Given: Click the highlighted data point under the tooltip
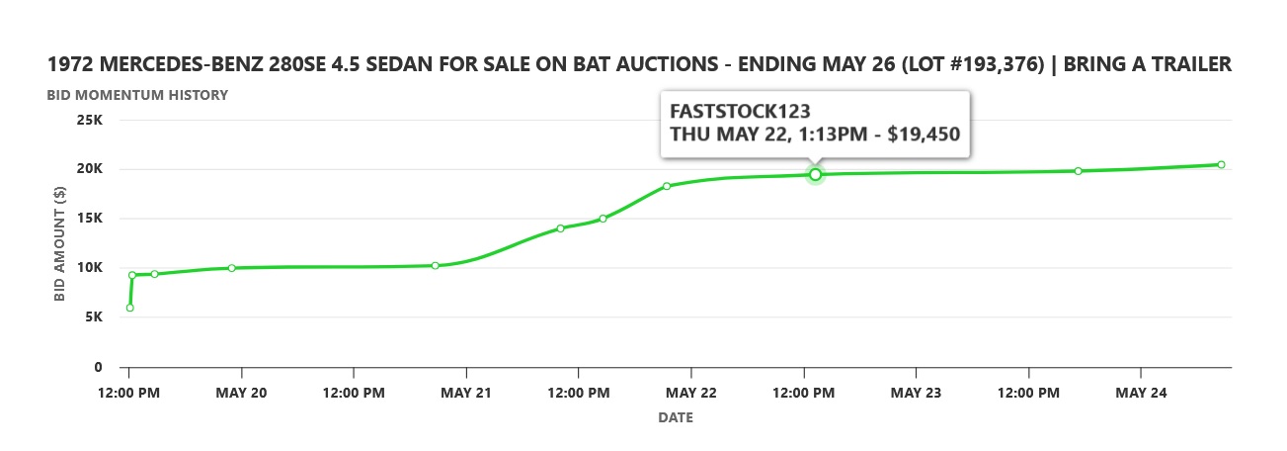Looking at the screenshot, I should pos(816,175).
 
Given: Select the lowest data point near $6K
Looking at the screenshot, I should pos(129,308).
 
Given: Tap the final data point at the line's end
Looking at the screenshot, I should pos(1221,164).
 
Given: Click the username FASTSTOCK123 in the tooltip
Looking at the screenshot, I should pos(732,109).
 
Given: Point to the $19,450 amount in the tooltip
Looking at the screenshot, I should pos(924,134).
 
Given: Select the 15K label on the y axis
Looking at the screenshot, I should pos(91,218).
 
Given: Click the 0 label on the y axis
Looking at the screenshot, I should pos(99,367).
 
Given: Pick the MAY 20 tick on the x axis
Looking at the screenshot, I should pos(241,393).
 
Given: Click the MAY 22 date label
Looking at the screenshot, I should pos(691,393).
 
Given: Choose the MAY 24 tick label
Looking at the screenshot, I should pos(1141,393).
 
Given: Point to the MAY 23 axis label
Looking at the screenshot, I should pos(917,393).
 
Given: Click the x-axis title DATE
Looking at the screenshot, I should pos(676,417).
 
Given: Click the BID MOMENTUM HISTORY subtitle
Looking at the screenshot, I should pos(137,95).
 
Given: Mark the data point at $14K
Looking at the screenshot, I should pos(560,228).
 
